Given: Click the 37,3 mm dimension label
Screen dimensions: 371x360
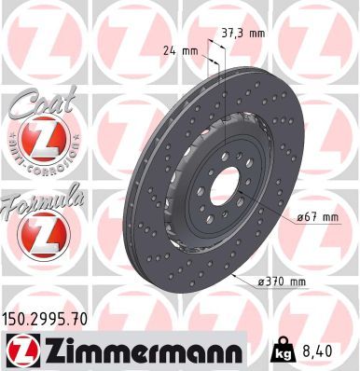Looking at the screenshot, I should point(242,32).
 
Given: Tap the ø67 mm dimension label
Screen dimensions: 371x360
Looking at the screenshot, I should point(314,218).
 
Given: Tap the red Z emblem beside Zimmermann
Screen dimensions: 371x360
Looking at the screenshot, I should point(18,350).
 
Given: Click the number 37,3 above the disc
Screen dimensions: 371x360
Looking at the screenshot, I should point(232,32).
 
